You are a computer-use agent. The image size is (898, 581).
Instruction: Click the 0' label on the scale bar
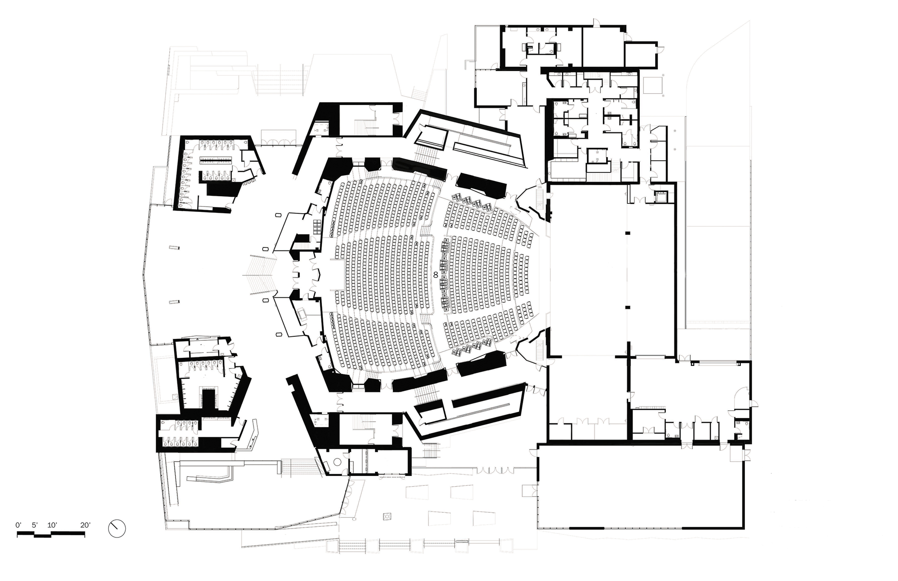(18, 525)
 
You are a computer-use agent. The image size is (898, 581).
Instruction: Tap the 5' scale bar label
(35, 525)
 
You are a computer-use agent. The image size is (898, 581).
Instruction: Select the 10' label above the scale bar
(52, 525)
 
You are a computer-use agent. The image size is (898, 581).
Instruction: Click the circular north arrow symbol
(117, 528)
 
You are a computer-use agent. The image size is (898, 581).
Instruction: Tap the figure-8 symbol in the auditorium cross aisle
(435, 274)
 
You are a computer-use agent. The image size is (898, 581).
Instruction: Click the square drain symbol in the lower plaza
(387, 516)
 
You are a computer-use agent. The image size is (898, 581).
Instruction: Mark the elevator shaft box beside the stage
(660, 196)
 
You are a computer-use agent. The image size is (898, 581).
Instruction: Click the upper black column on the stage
(627, 233)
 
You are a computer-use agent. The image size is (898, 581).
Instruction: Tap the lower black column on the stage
(627, 307)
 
